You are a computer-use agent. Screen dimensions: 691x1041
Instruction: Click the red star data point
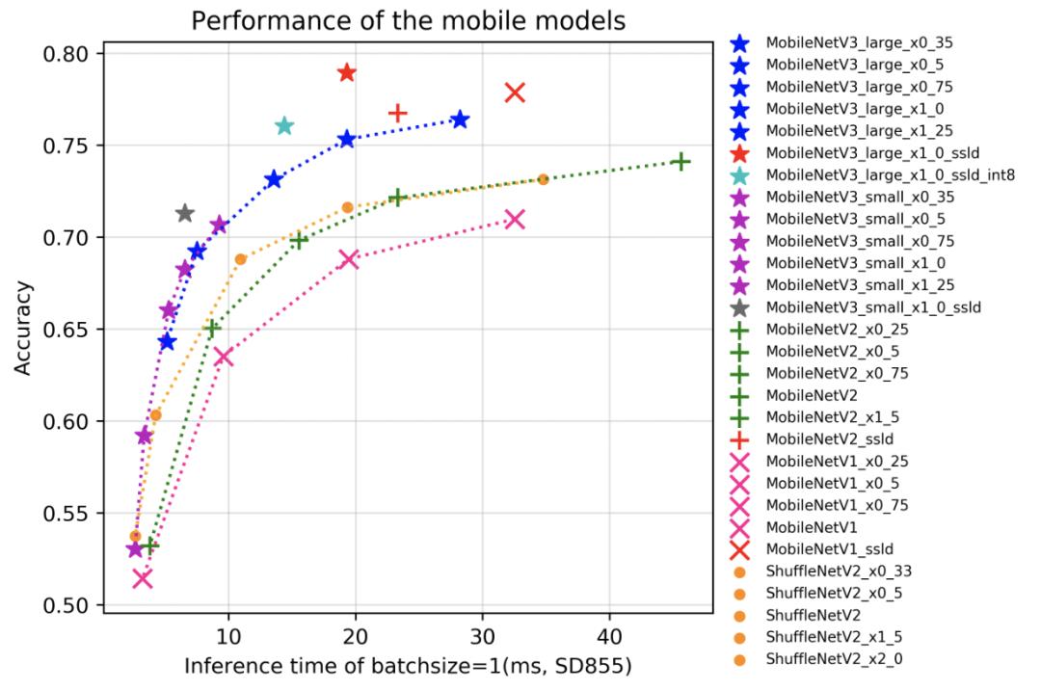click(x=347, y=73)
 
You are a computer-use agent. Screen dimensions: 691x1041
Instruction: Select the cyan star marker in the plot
click(x=284, y=126)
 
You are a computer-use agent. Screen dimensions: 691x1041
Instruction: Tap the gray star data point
click(x=185, y=213)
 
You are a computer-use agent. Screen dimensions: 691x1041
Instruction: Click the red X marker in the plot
click(x=515, y=93)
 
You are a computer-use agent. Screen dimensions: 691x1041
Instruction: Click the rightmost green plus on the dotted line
click(x=681, y=161)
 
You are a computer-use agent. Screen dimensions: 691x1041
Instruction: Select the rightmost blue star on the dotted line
click(x=460, y=120)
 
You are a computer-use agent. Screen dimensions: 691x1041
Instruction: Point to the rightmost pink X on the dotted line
click(x=515, y=219)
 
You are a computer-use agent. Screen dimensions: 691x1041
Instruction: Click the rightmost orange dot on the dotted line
click(x=543, y=179)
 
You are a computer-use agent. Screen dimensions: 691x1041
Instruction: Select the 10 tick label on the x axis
click(x=228, y=637)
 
